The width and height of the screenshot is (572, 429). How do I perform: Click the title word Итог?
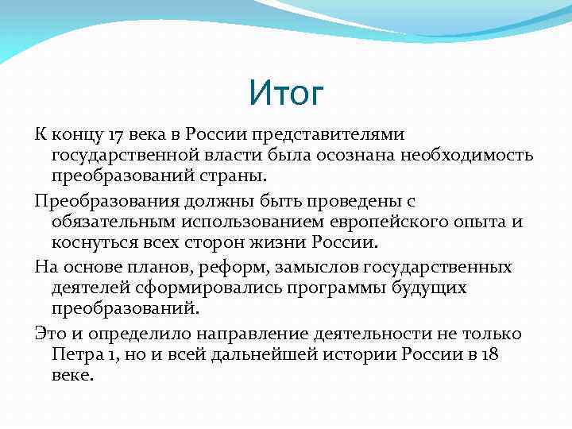286,93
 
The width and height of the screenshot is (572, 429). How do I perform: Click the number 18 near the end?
490,354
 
